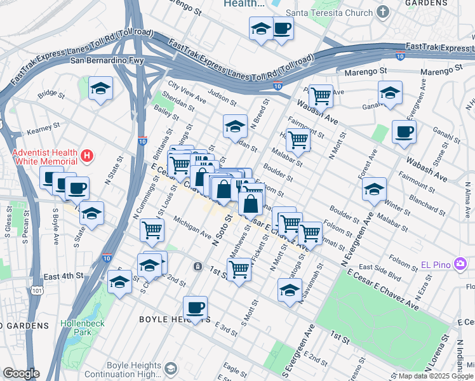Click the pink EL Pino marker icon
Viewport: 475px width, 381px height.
pyautogui.click(x=461, y=263)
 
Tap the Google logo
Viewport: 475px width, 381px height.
pyautogui.click(x=21, y=373)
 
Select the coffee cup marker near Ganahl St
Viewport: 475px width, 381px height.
pyautogui.click(x=405, y=132)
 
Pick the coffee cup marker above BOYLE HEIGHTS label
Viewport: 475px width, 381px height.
pyautogui.click(x=196, y=308)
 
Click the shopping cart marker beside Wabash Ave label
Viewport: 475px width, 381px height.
pyautogui.click(x=321, y=96)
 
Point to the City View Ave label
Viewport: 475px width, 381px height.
pyautogui.click(x=187, y=93)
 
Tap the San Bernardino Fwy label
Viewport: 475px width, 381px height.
pyautogui.click(x=107, y=61)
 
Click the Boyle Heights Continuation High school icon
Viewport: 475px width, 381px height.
pyautogui.click(x=170, y=368)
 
